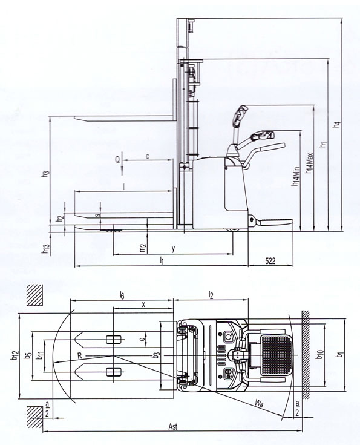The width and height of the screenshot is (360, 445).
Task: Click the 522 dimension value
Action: coord(270,260)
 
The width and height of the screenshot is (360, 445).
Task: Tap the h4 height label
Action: coord(337,124)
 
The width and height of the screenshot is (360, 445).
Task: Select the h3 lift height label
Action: coord(45,174)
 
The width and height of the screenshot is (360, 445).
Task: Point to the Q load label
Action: coord(117,160)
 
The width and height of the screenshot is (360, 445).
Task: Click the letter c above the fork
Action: coord(148,156)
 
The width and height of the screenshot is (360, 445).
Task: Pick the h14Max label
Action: coord(309,163)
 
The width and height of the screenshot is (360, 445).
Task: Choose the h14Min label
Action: coord(295,177)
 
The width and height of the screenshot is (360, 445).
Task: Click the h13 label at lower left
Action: coord(45,249)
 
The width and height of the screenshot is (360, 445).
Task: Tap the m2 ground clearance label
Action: coord(143,248)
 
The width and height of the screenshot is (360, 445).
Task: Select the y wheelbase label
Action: coord(173,249)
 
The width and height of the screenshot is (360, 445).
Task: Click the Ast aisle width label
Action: coord(173,427)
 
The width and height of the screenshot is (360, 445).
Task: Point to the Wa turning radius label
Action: coord(259,403)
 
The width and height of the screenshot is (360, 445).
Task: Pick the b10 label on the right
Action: coord(320,355)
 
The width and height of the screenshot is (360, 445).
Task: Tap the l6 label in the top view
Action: coord(122,295)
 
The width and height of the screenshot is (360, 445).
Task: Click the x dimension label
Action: coord(143,305)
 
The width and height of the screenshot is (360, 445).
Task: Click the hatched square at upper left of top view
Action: coord(35,295)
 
